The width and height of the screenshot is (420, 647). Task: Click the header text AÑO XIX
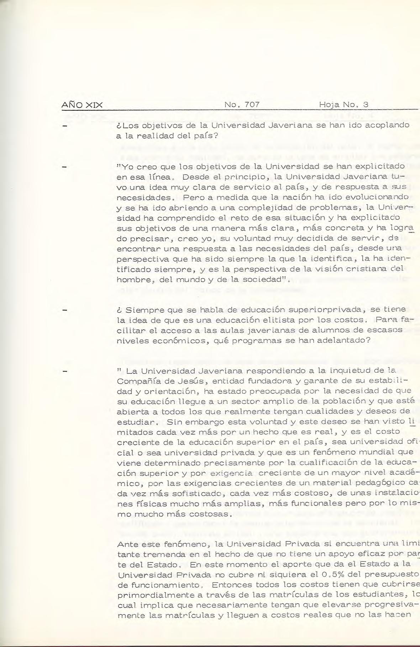(82, 105)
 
